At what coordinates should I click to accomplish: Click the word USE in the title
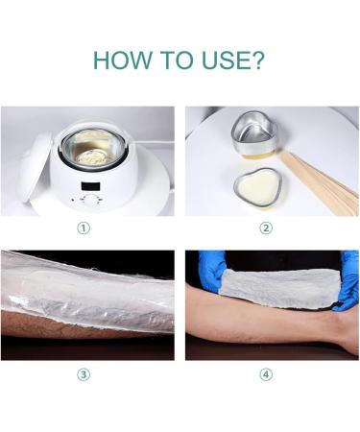point(224,61)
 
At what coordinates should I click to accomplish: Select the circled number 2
point(266,228)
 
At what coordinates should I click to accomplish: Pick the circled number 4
point(266,374)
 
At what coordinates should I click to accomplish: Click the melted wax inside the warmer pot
point(96,153)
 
